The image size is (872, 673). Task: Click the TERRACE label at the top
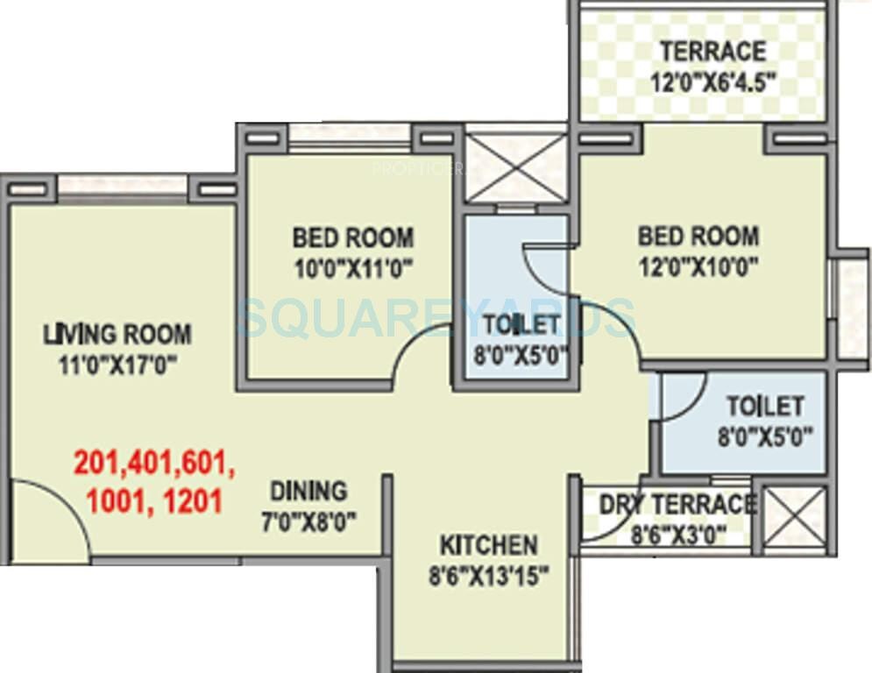[x=712, y=51]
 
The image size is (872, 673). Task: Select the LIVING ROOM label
[x=118, y=334]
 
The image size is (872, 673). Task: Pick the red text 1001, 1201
[x=154, y=500]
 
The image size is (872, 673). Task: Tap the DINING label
[x=308, y=490]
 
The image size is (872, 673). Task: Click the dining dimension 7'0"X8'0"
[x=308, y=522]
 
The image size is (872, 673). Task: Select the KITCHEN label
[x=488, y=545]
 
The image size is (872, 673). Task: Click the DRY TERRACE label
[x=677, y=504]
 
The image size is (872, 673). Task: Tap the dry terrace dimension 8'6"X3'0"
[x=676, y=535]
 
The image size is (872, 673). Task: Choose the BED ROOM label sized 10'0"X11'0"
[x=352, y=237]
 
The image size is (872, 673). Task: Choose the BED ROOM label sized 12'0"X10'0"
[x=698, y=235]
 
